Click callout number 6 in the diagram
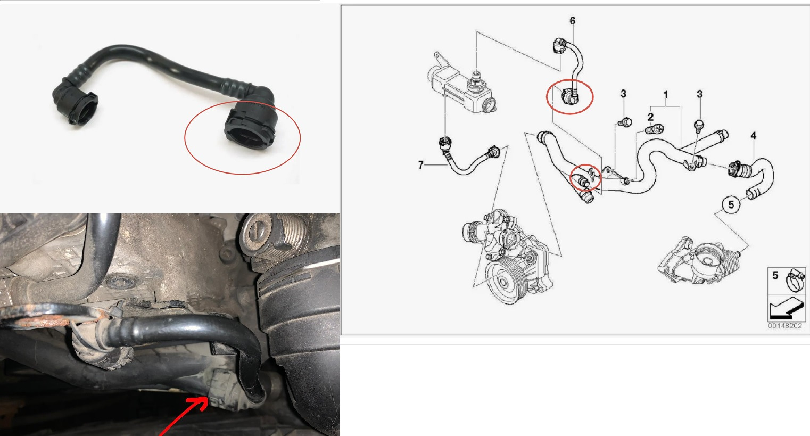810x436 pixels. (x=572, y=21)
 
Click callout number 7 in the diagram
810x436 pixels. (x=420, y=165)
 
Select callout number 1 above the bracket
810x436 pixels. (x=666, y=95)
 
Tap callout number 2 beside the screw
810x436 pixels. (x=650, y=117)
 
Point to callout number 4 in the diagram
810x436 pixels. (x=753, y=136)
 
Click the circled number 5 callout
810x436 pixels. (x=731, y=204)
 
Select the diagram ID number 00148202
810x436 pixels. (x=785, y=326)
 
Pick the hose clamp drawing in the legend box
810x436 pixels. (x=795, y=281)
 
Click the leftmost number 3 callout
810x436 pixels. (x=623, y=94)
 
